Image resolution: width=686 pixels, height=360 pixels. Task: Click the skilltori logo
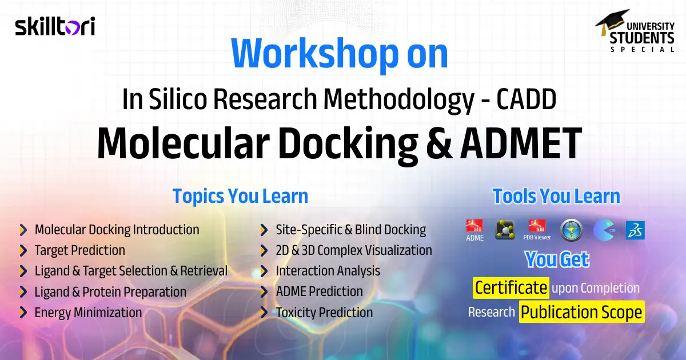coord(55,26)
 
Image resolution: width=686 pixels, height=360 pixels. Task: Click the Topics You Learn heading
coord(240,196)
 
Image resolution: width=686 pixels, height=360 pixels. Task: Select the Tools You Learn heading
coord(556,196)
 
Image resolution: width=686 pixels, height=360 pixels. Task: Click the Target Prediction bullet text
coord(79,250)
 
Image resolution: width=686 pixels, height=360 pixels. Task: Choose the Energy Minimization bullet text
coord(88,312)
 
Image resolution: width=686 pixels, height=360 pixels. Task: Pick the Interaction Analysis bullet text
coord(328,271)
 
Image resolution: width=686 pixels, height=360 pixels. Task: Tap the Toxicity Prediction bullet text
coord(324,312)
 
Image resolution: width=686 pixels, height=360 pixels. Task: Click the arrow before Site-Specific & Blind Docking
coord(264,230)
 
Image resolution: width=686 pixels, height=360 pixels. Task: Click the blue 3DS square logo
coord(635,230)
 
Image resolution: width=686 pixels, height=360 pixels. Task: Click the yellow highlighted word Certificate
coord(511,287)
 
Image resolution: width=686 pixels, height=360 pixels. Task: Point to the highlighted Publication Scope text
coord(581,312)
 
